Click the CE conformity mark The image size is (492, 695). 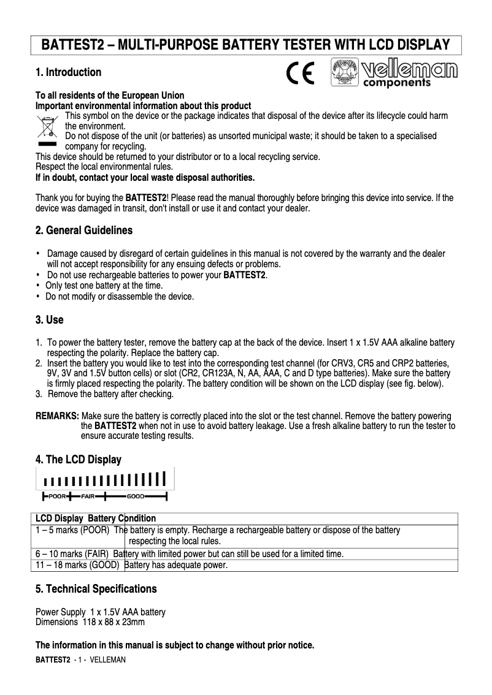coord(301,73)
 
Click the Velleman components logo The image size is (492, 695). coord(394,73)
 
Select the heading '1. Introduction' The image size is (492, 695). coord(68,72)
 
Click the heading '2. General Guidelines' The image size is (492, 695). coord(83,231)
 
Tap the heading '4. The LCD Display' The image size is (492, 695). coord(78,460)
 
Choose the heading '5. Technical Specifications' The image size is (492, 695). coord(96,589)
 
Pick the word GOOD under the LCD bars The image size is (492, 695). coord(136,496)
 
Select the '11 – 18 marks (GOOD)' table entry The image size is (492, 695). coord(77,565)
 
